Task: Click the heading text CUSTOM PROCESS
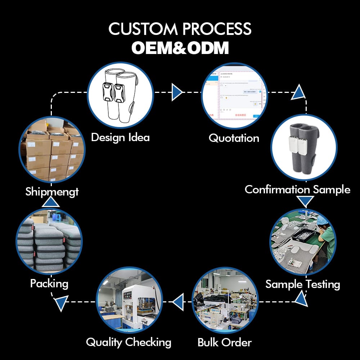coord(180,29)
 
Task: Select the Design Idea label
coord(120,137)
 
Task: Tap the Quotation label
coord(234,138)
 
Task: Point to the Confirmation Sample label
coord(297,189)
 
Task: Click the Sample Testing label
coord(303,284)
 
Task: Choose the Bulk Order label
coord(225,342)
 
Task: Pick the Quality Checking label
coord(129,342)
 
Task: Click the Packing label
coord(49,283)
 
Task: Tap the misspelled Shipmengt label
coord(52,192)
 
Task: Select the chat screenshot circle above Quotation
coord(234,96)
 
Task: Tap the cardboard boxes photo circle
coord(51,150)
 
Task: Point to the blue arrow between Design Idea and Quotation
coord(177,92)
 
